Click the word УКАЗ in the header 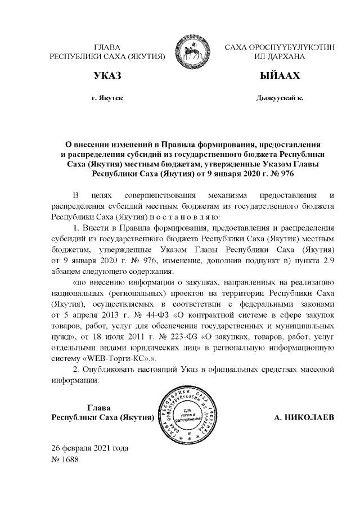click(x=107, y=76)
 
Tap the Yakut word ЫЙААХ click(x=280, y=76)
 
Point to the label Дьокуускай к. click(x=279, y=98)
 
